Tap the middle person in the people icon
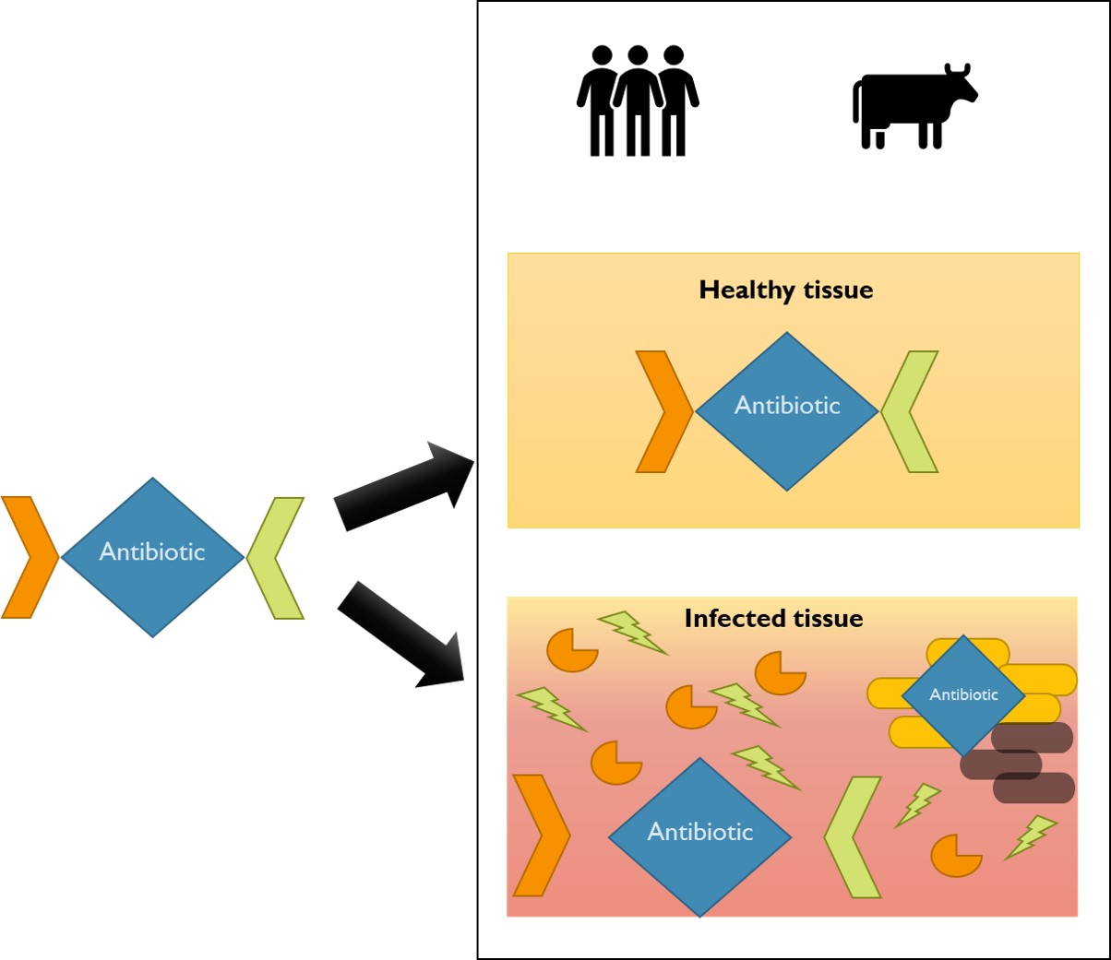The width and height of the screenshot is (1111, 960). tap(638, 101)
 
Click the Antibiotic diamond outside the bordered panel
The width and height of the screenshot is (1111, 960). tap(152, 557)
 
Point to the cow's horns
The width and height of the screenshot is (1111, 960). tap(957, 69)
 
